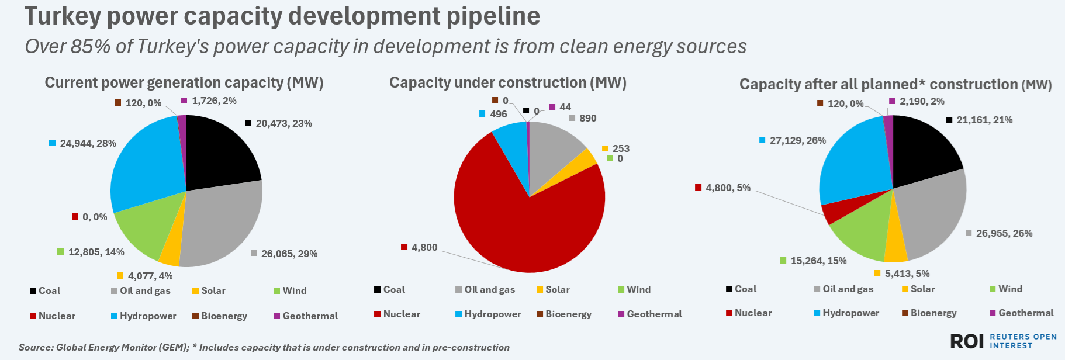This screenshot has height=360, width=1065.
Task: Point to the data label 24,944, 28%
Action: pos(88,143)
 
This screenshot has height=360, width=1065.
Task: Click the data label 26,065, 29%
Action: pos(289,254)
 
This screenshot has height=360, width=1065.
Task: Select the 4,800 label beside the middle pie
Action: pos(424,247)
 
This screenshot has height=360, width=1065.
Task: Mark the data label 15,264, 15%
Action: pos(818,261)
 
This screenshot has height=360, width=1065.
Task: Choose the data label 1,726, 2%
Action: pos(214,101)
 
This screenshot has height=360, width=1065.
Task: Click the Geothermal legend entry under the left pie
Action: pos(310,316)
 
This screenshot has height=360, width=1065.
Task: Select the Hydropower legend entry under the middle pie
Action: pos(492,314)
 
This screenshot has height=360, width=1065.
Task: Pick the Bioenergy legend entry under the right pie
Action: pos(933,313)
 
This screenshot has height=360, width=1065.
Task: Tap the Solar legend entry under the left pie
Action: pos(213,290)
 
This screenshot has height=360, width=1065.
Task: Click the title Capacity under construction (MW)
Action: pos(507,82)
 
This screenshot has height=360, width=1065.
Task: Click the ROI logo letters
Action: pos(967,341)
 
